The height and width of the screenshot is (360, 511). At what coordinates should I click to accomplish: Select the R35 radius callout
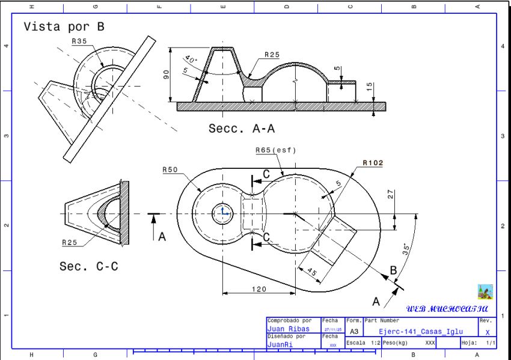[x=79, y=41]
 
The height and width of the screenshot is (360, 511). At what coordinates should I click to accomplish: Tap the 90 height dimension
[x=167, y=74]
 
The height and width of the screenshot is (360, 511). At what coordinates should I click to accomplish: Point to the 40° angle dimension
[x=191, y=61]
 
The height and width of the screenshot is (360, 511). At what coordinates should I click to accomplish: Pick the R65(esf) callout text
[x=276, y=150]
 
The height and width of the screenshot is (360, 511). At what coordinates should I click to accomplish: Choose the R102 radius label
[x=373, y=162]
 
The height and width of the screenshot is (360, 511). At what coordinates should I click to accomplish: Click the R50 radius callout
[x=170, y=170]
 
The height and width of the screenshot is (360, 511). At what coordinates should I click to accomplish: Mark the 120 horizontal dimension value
[x=259, y=289]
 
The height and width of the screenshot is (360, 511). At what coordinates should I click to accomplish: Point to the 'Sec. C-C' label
[x=88, y=266]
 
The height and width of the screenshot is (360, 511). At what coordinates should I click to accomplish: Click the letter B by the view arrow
[x=393, y=270]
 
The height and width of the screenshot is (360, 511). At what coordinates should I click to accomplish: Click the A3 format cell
[x=354, y=331]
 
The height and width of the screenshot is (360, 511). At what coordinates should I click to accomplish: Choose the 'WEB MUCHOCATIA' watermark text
[x=447, y=309]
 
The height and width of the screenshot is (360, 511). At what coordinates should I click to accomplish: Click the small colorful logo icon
[x=485, y=292]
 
